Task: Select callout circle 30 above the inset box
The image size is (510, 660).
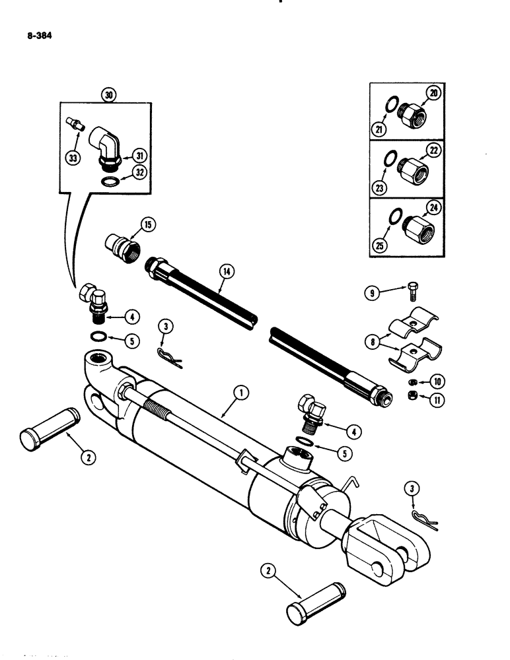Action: point(110,94)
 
